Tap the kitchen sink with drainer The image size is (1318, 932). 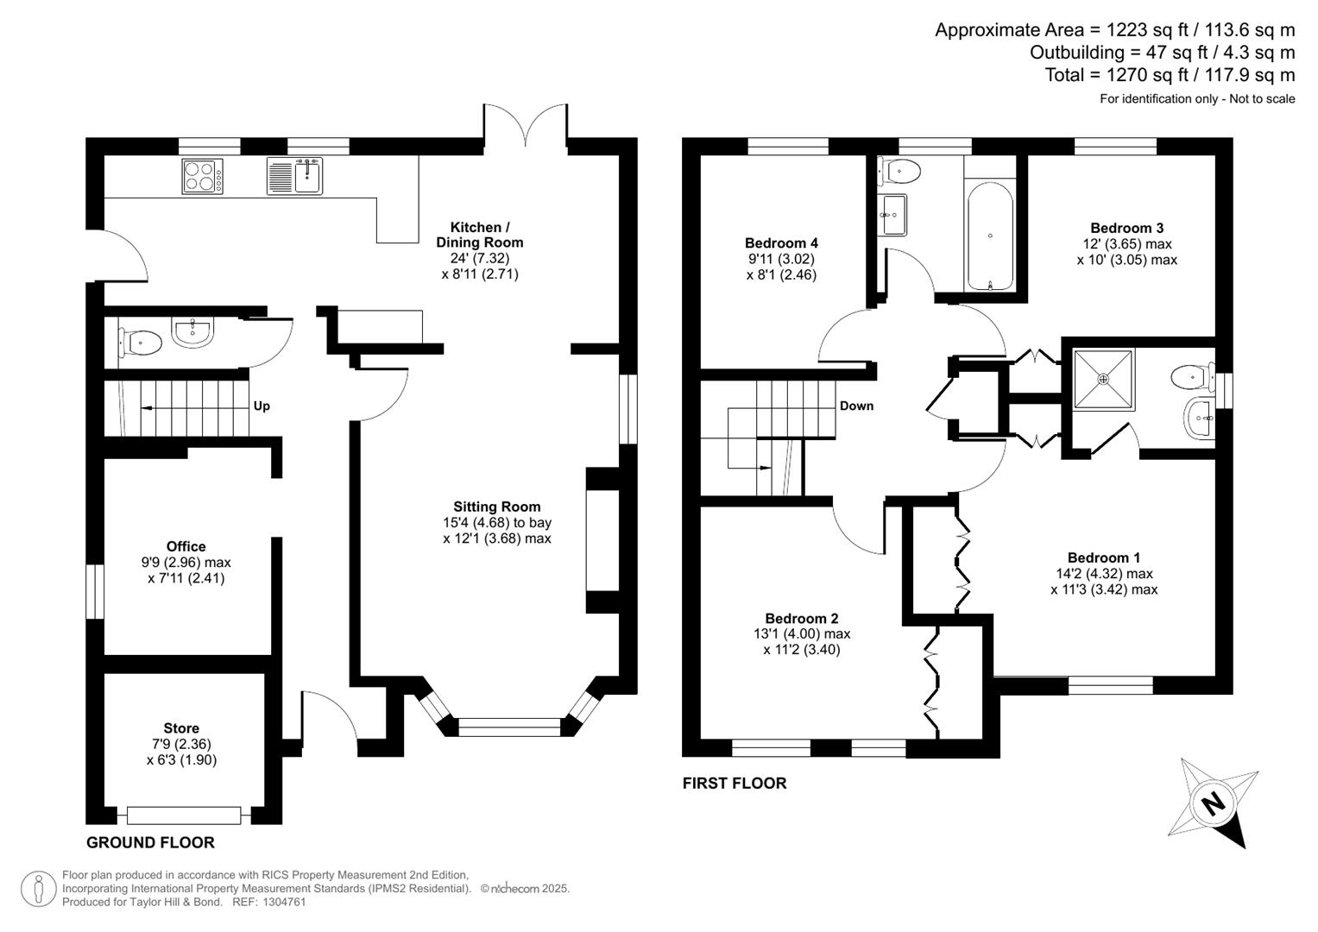pos(295,176)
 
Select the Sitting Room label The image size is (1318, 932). pos(497,507)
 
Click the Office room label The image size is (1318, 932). pos(186,546)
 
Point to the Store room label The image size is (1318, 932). pos(181,728)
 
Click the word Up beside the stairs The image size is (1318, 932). pos(262,406)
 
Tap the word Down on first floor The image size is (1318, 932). pos(856,406)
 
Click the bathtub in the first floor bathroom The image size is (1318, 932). pos(989,236)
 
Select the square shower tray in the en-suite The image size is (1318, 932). pos(1103,378)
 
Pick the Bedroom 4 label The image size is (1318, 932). pos(781,243)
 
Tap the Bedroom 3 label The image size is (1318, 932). pos(1126,228)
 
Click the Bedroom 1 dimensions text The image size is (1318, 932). pos(1104,582)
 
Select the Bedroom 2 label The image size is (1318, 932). pos(801,618)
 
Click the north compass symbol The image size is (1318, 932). pos(1214,803)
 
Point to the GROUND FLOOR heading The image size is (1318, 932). pos(150,842)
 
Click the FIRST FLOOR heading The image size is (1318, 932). pos(735,783)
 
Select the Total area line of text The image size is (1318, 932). pos(1170,75)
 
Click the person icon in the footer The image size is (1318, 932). pos(39,888)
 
